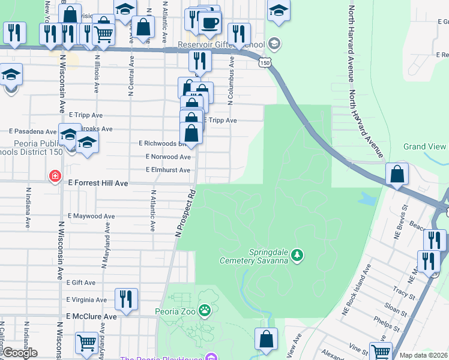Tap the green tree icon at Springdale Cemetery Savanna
pyautogui.click(x=297, y=256)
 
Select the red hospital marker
pyautogui.click(x=55, y=176)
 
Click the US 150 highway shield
pyautogui.click(x=264, y=62)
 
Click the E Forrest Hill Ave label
pyautogui.click(x=97, y=183)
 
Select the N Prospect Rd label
pyautogui.click(x=185, y=213)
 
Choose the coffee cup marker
pyautogui.click(x=209, y=23)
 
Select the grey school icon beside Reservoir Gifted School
pyautogui.click(x=274, y=43)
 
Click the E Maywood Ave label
pyautogui.click(x=91, y=216)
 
